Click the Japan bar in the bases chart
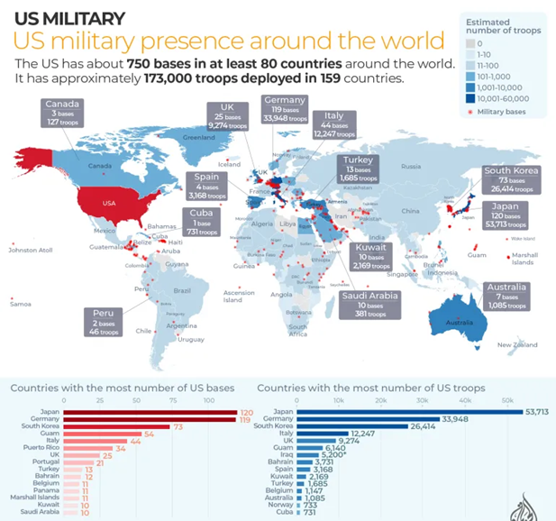pyautogui.click(x=150, y=411)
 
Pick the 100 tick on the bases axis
pyautogui.click(x=208, y=400)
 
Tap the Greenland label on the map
pyautogui.click(x=200, y=137)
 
